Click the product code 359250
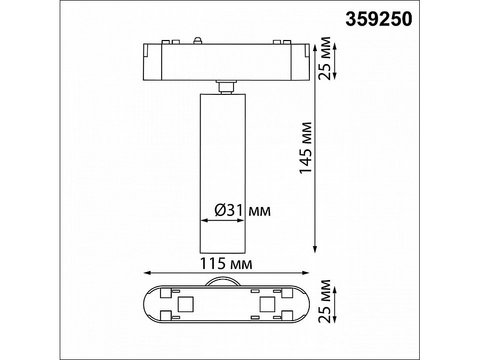(x=379, y=19)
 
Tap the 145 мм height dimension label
(x=305, y=148)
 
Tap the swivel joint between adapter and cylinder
(x=226, y=86)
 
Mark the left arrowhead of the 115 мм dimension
(x=148, y=273)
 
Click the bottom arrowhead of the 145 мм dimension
(x=315, y=249)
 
